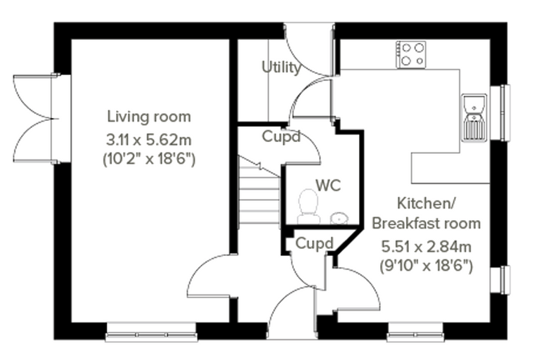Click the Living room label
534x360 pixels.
[149, 117]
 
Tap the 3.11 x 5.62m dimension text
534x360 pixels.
[149, 139]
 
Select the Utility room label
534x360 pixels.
[281, 67]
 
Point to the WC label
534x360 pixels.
[328, 186]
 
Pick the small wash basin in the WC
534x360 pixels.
[339, 218]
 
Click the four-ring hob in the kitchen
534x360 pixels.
[411, 54]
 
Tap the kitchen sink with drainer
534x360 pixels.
[474, 118]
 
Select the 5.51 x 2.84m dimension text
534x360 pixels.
[426, 247]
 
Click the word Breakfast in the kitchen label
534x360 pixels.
[405, 224]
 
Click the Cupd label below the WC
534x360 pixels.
[314, 244]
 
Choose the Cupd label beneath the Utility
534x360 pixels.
[281, 136]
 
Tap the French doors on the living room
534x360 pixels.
[36, 119]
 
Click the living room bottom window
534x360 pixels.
[152, 333]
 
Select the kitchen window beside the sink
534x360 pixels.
[500, 112]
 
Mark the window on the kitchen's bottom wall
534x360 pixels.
[415, 333]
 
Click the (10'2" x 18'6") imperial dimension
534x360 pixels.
[149, 160]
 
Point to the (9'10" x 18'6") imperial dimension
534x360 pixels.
[426, 266]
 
